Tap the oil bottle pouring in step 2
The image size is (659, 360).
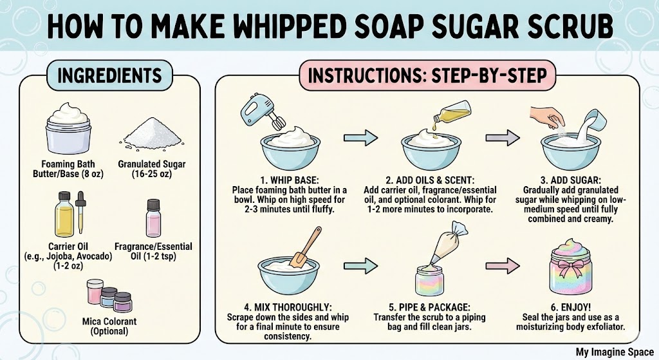452,112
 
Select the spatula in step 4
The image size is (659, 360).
304,248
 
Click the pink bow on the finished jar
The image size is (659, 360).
571,266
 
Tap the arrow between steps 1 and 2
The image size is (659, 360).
360,138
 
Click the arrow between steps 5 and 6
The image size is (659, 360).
503,266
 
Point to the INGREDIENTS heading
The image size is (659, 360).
109,76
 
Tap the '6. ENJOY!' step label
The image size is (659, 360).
570,307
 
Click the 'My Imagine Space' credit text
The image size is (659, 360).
615,352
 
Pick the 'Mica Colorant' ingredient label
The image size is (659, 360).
109,321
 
